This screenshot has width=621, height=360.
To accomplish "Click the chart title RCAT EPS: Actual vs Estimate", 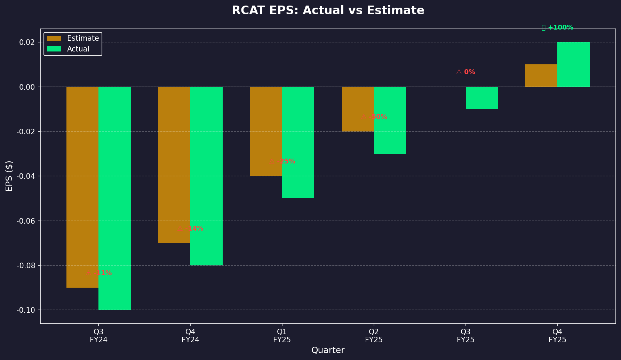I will click(328, 10).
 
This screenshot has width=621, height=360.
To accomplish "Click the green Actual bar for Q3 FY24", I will click(114, 198).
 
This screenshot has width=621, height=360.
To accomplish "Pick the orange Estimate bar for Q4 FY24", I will click(174, 165).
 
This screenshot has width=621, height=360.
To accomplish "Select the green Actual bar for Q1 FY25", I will click(298, 143).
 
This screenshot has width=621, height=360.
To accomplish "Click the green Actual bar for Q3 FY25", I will click(482, 98).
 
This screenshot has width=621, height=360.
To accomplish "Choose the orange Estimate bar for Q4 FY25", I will click(541, 76).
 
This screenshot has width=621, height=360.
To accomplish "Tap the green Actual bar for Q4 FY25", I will click(573, 64).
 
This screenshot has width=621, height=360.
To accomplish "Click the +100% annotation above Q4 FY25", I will click(558, 27).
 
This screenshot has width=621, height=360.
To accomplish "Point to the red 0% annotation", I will click(466, 72).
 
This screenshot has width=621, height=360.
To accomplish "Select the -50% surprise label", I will click(374, 117).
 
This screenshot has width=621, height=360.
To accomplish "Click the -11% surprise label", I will click(99, 273).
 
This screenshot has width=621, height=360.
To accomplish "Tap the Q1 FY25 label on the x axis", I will click(282, 336).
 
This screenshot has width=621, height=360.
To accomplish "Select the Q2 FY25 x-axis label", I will click(374, 336).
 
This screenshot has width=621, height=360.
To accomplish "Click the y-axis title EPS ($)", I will click(9, 176).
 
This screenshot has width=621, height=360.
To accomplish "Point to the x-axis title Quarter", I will click(328, 350).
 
